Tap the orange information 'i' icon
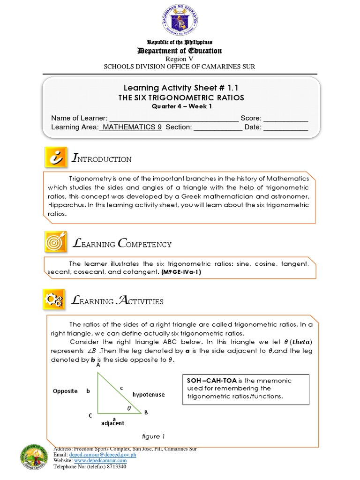(56, 158)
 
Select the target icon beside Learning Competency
(56, 243)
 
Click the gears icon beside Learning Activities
(56, 300)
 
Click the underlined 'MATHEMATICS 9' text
(131, 127)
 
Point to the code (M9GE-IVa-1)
(180, 272)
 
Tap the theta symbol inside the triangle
(129, 408)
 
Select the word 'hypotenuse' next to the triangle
(148, 395)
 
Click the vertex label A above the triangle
(98, 365)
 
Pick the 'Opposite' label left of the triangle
(65, 391)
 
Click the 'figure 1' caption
(151, 436)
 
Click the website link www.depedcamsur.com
(104, 461)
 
